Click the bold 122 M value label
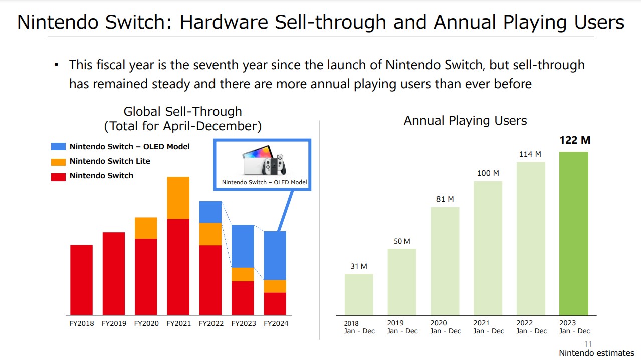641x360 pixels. click(x=575, y=140)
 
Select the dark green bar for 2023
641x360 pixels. click(x=574, y=233)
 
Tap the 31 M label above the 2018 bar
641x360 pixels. click(x=359, y=266)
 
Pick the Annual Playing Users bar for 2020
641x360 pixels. click(x=445, y=261)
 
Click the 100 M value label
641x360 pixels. click(x=488, y=173)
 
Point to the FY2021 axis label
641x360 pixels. click(x=178, y=324)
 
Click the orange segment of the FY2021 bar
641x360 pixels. click(x=178, y=198)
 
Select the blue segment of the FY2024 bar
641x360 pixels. click(x=275, y=255)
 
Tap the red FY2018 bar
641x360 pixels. click(x=81, y=280)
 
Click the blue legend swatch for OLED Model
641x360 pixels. click(x=59, y=147)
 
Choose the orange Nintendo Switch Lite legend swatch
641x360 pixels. click(x=59, y=161)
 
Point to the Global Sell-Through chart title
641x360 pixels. click(x=183, y=119)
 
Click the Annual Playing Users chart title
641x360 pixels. click(x=465, y=121)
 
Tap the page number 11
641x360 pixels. click(x=588, y=344)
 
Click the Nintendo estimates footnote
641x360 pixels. click(x=596, y=353)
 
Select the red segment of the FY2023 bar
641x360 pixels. click(x=243, y=298)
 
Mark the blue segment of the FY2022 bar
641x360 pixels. click(x=210, y=212)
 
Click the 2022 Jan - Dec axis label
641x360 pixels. click(x=531, y=327)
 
